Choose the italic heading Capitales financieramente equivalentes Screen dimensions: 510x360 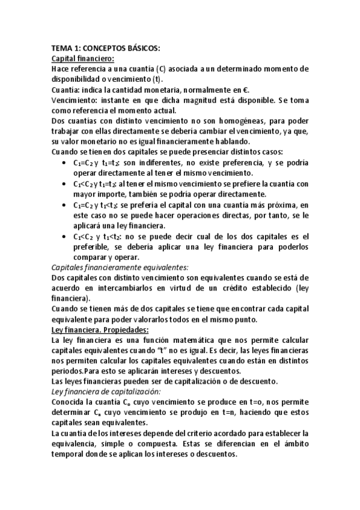point(120,267)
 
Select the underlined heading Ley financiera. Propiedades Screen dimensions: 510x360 point(100,330)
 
